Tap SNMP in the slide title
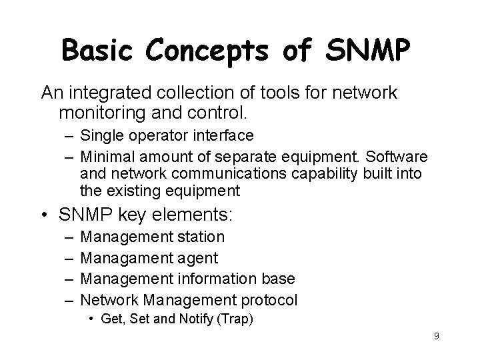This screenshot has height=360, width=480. (367, 49)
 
